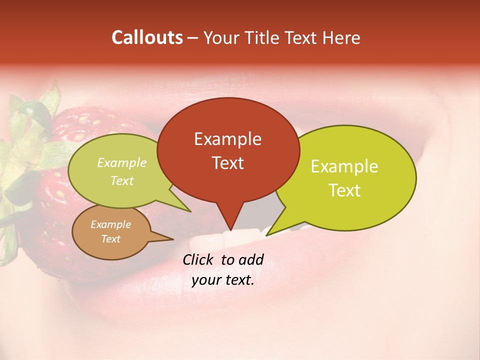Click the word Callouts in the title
click(147, 37)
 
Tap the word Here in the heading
click(342, 37)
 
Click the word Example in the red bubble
click(227, 139)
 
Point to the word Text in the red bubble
click(227, 163)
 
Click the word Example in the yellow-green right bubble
click(344, 166)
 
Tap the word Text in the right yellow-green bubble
click(344, 190)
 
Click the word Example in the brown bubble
click(110, 224)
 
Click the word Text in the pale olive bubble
click(121, 181)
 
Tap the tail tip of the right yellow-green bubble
click(268, 234)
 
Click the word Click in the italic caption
click(199, 259)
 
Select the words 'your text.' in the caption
click(223, 280)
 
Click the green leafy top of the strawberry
click(30, 130)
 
